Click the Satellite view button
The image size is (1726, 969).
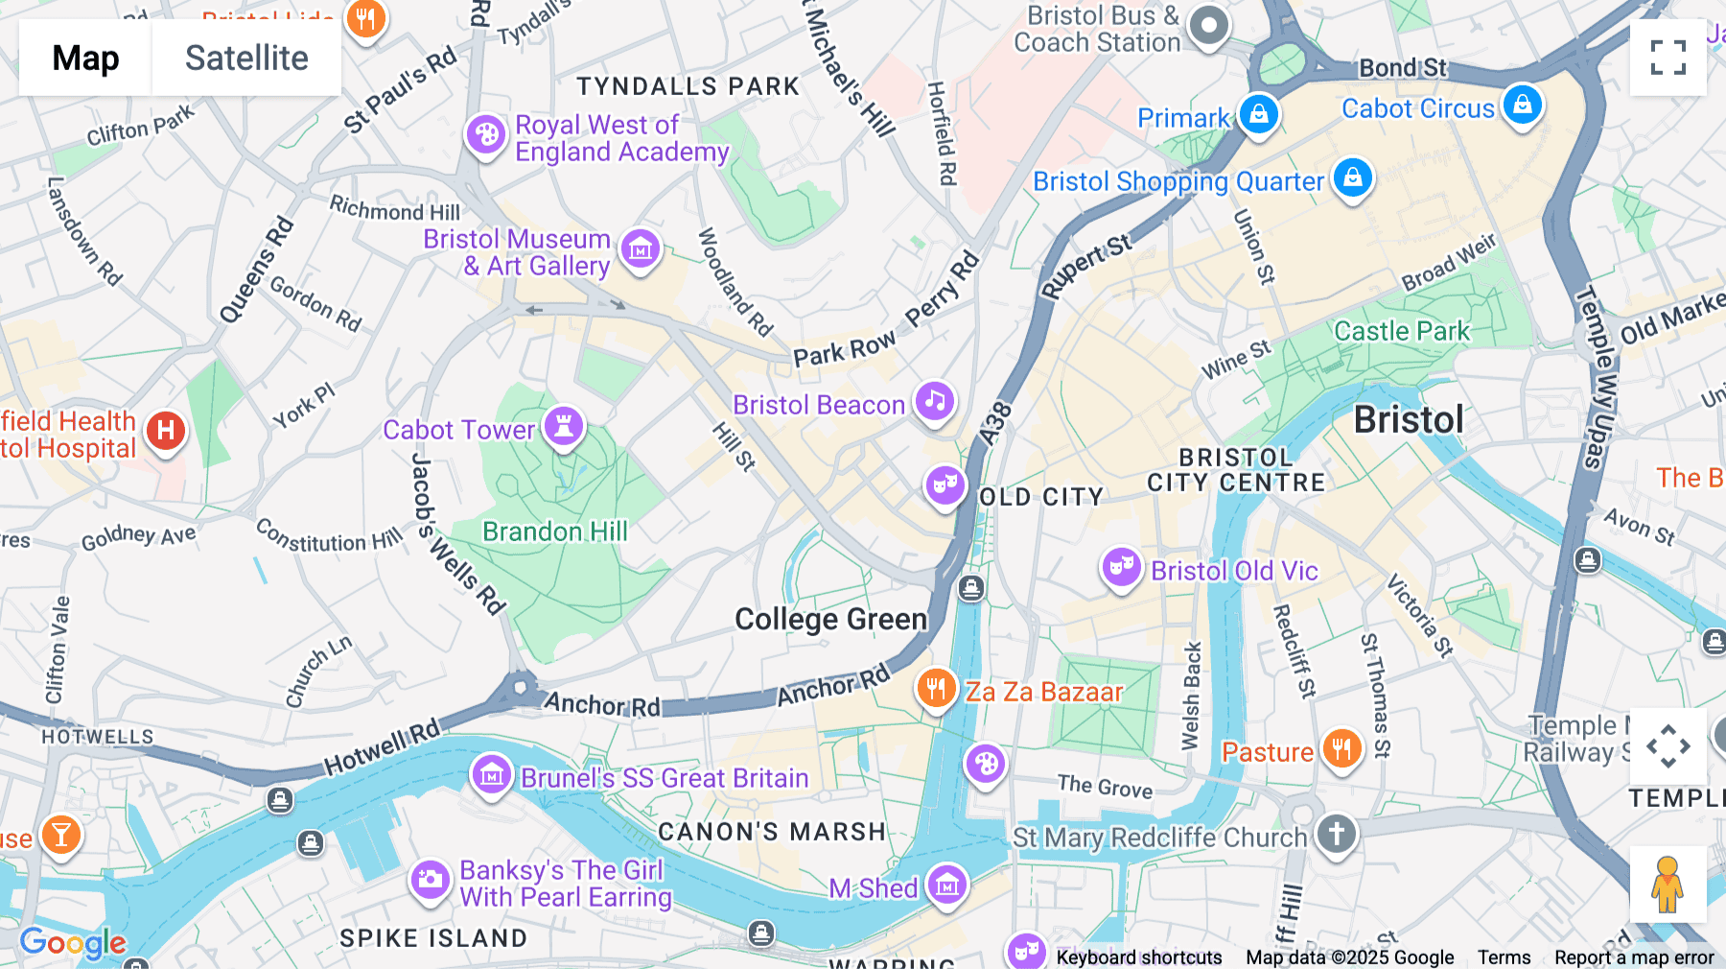coord(246,58)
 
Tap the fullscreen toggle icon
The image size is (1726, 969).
coord(1668,58)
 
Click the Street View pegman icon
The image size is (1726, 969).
coord(1668,884)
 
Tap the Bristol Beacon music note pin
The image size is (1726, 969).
coord(935,400)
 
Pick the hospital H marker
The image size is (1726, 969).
coord(166,430)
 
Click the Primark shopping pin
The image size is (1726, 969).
coord(1259,114)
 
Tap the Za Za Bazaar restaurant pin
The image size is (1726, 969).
coord(936,688)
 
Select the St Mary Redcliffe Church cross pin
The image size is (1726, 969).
coord(1337,833)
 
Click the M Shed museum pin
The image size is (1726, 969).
coord(947,886)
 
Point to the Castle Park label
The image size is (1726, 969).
coord(1401,332)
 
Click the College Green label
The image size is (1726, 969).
coord(830,620)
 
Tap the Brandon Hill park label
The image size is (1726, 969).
coord(555,532)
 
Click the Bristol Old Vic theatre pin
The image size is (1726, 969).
coord(1121,567)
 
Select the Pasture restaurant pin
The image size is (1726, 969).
coord(1341,748)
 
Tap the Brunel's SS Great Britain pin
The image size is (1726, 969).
coord(492,773)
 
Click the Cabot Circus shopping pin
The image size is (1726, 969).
coord(1523,104)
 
